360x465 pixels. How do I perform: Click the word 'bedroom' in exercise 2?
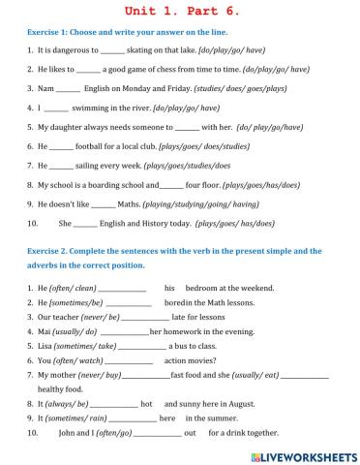(x=206, y=288)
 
